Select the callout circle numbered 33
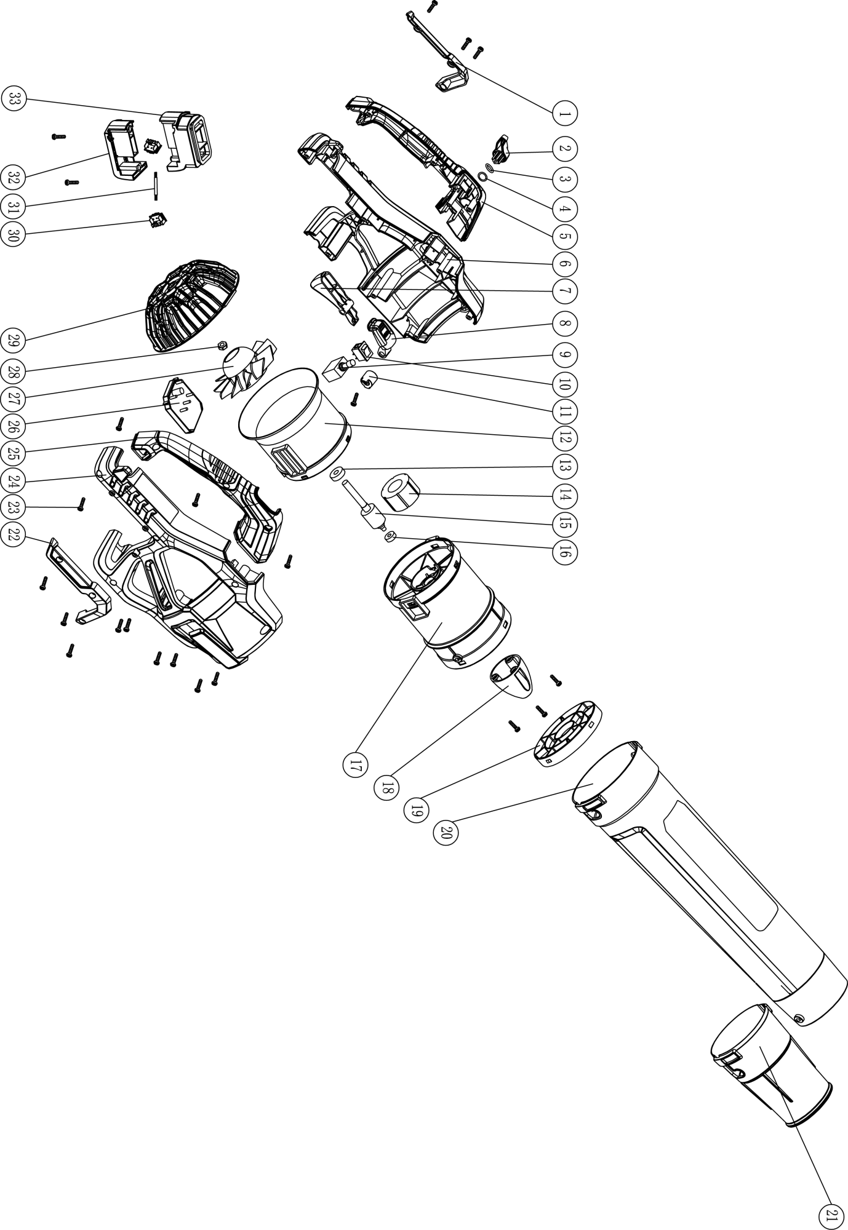coord(14,100)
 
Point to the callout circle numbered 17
coord(355,766)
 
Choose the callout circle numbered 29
coord(14,339)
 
